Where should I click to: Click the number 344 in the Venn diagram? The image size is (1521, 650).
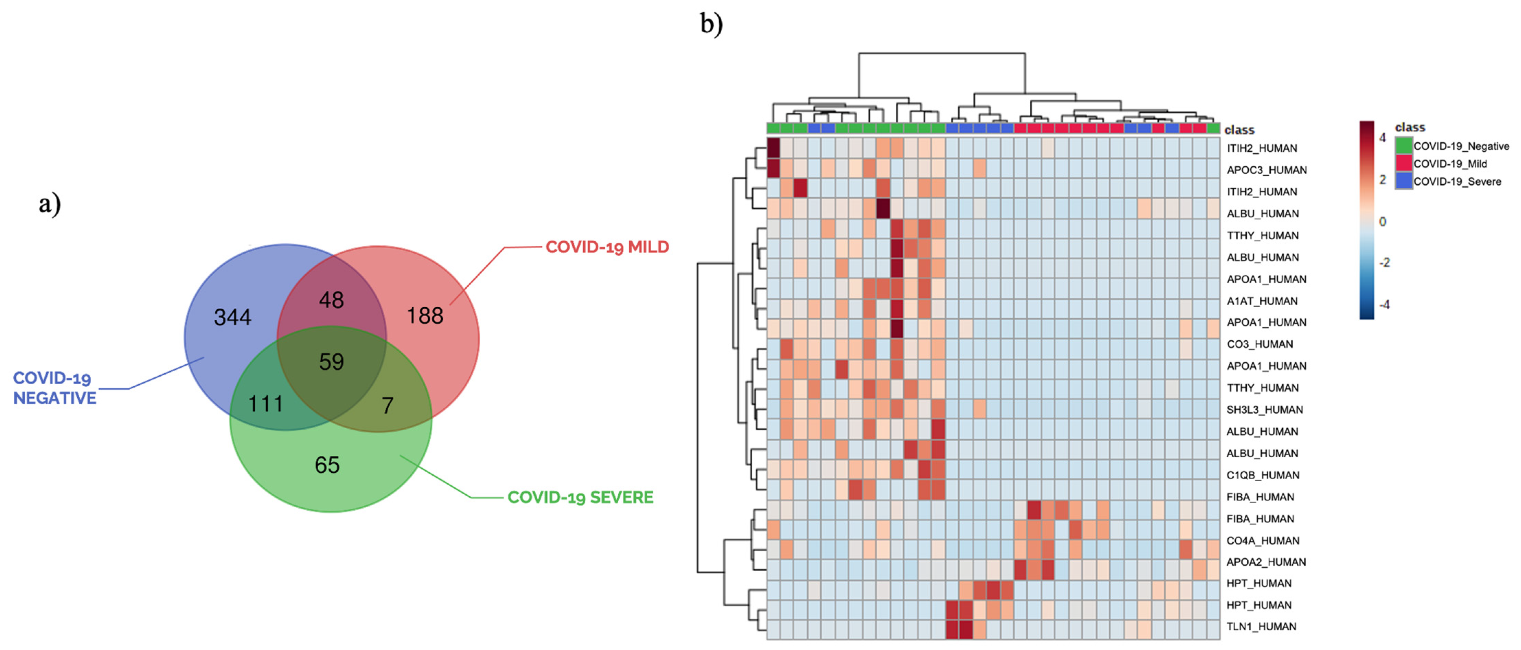[233, 317]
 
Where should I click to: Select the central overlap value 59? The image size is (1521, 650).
[331, 362]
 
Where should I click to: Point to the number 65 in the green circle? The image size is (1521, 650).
[327, 465]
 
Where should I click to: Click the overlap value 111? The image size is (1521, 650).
[266, 404]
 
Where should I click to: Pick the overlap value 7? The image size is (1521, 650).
[387, 405]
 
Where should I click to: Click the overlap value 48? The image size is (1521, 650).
[331, 300]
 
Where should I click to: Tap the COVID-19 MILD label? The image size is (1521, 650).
[607, 247]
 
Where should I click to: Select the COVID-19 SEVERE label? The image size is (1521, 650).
[580, 497]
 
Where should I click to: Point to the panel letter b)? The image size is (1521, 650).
[711, 24]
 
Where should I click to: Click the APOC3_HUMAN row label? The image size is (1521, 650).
[1267, 170]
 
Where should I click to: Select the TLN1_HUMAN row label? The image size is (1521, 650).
[1261, 626]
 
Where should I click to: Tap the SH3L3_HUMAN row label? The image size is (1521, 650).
[1264, 409]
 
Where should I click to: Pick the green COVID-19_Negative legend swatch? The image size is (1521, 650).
[1404, 145]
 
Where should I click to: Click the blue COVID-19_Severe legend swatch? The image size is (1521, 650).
[1404, 181]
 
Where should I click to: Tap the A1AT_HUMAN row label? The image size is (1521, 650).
[1262, 301]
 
